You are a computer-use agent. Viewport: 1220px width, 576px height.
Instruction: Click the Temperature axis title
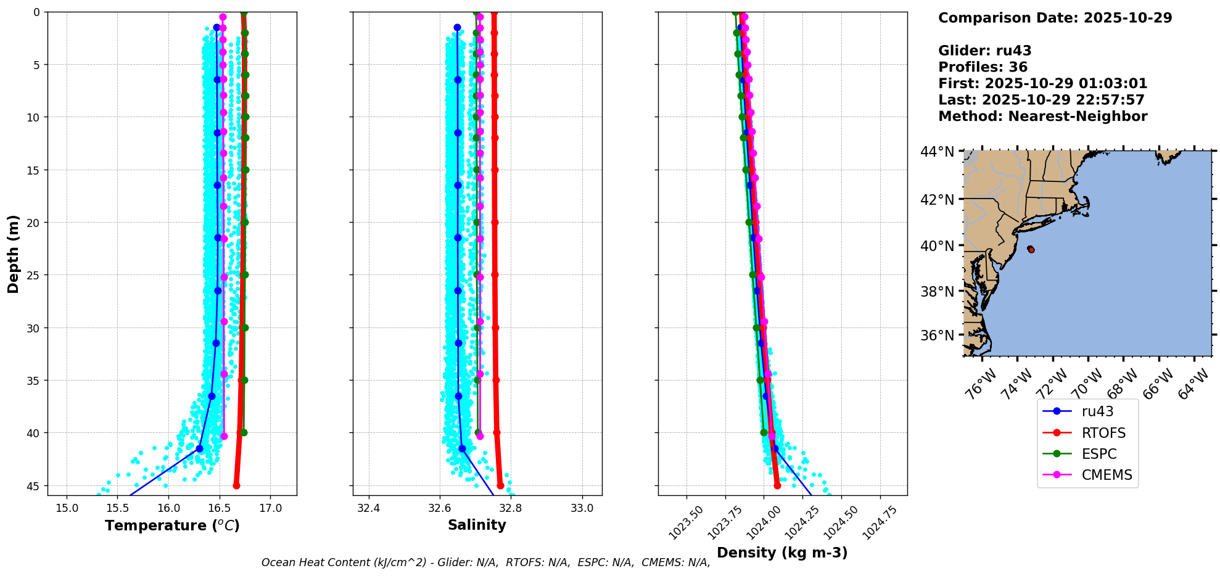(172, 525)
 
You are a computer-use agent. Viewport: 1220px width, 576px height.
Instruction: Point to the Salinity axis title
(477, 525)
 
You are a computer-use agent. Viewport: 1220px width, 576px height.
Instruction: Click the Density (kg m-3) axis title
(782, 553)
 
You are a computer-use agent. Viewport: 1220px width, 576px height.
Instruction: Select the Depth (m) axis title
(14, 254)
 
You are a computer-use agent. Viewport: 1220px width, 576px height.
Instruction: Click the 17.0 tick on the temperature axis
(270, 509)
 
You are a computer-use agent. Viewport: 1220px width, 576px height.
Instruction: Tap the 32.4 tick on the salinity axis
(369, 509)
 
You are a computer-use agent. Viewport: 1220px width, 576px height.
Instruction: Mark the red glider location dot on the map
(1031, 249)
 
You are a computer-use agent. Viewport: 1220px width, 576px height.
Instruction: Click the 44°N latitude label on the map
(937, 152)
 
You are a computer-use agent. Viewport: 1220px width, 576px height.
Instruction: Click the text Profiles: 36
(983, 67)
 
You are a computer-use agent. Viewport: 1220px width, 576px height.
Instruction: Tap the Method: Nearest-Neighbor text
(1042, 117)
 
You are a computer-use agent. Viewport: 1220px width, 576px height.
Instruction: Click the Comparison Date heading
(1055, 18)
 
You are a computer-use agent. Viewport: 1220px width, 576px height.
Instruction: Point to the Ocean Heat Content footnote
(485, 562)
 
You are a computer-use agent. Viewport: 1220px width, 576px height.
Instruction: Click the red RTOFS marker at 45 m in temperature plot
(236, 485)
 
